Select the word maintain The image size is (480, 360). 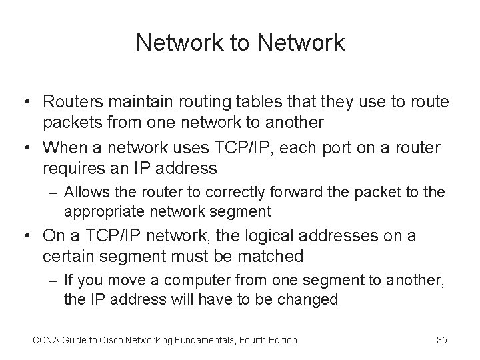[x=130, y=102]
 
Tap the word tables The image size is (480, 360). [x=261, y=102]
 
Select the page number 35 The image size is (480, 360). [x=441, y=340]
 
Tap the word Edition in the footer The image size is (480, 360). [x=281, y=340]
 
